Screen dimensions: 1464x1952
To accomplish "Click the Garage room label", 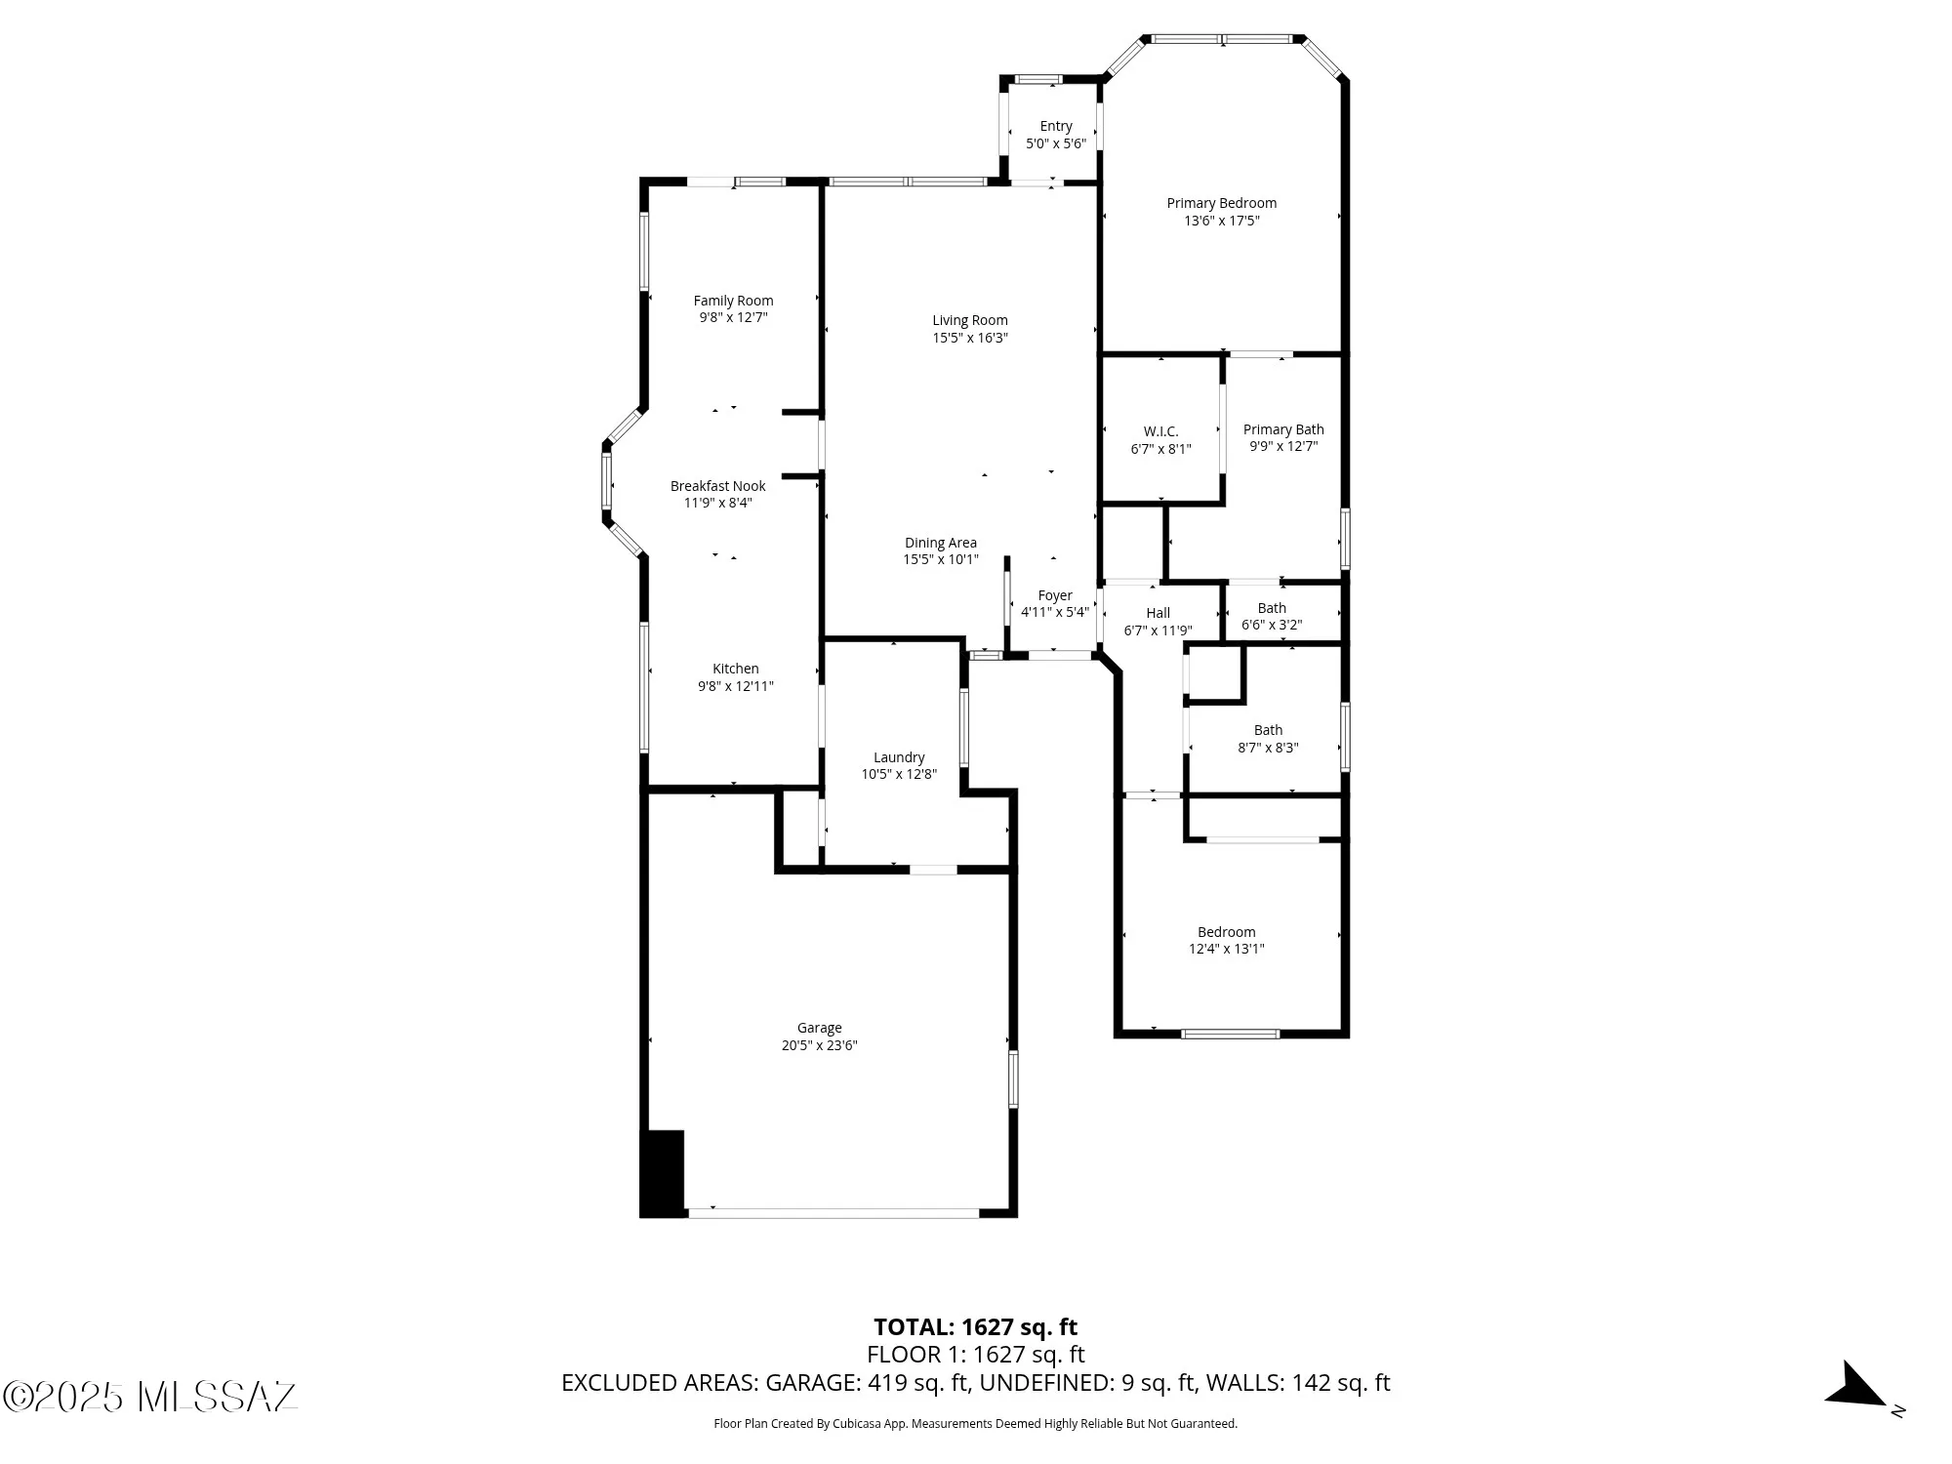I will (x=819, y=1028).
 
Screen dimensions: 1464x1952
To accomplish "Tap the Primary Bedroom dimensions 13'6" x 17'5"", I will (x=1221, y=221).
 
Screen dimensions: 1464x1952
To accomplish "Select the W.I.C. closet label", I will (x=1160, y=431).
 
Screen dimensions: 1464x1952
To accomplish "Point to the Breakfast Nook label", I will (x=717, y=486).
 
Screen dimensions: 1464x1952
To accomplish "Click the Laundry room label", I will (x=898, y=757).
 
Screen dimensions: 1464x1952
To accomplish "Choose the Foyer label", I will (x=1054, y=595).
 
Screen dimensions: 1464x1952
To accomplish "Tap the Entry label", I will (x=1055, y=126).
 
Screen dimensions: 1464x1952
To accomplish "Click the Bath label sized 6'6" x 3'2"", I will (x=1272, y=608).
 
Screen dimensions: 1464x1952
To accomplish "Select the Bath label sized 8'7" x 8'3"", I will (x=1268, y=730).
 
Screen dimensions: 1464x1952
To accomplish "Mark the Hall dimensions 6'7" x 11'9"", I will (x=1158, y=630).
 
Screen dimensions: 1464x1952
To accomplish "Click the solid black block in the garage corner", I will (x=662, y=1173).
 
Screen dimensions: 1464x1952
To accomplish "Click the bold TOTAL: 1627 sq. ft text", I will (x=975, y=1326).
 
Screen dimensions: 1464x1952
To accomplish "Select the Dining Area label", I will (x=940, y=543).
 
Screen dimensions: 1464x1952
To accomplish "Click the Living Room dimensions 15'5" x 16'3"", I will (x=969, y=338).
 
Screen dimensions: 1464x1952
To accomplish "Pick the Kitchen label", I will (x=735, y=669).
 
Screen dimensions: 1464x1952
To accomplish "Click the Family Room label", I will (x=733, y=301).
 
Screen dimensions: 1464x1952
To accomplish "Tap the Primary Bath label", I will (x=1282, y=429).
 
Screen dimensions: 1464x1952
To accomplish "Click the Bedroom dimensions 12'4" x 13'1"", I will (x=1226, y=949).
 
